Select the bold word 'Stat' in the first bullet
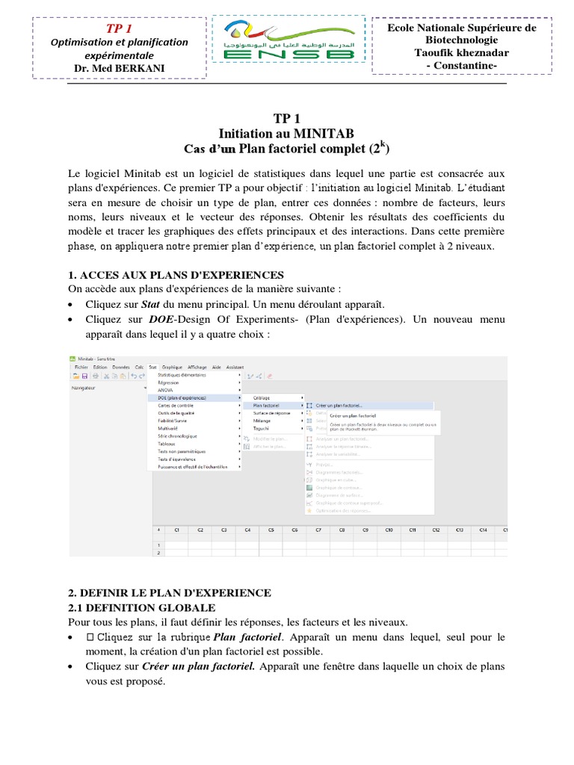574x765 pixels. pos(152,305)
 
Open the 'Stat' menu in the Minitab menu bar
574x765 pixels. pos(152,368)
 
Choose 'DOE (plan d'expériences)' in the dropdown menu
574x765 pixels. pos(182,398)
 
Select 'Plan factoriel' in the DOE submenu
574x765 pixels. pos(267,406)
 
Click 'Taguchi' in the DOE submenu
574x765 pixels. pos(261,428)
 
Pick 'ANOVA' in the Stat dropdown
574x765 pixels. pos(165,390)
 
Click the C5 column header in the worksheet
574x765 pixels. pos(271,530)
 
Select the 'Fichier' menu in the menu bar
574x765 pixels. pos(81,368)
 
